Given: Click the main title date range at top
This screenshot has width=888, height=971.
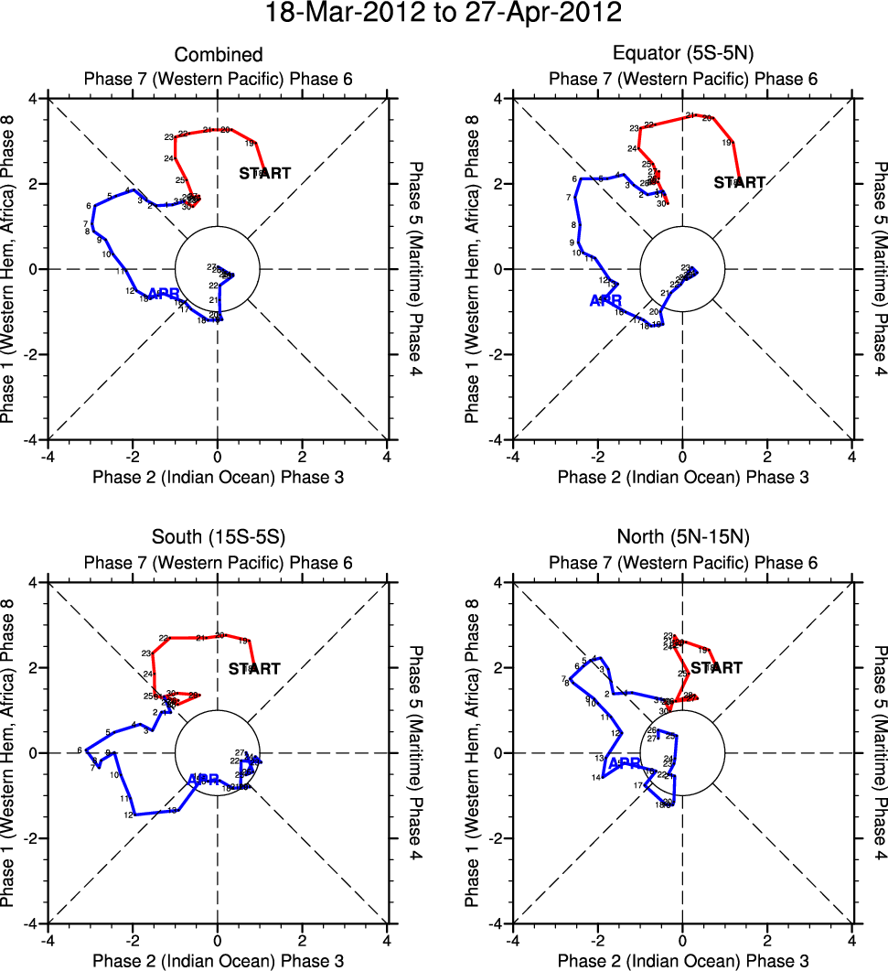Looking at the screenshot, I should [444, 14].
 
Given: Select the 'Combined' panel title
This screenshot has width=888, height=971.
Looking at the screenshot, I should [218, 55].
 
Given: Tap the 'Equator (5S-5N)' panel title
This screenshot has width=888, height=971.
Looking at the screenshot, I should [682, 55].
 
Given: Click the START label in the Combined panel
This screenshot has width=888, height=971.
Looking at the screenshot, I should [265, 172].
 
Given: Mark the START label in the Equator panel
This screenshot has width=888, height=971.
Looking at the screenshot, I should [739, 182].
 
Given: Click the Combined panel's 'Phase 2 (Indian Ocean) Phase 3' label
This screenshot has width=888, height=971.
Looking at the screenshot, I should [218, 476].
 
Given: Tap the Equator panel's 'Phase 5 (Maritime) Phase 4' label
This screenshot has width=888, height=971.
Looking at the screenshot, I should [879, 269].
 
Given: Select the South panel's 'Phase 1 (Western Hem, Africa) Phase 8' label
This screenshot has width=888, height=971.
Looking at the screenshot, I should [10, 753].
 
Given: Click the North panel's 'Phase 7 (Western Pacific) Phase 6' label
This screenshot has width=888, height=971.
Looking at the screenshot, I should [682, 563].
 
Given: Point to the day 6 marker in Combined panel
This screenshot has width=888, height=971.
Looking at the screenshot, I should [90, 206].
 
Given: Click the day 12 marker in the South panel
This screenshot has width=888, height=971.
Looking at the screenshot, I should [130, 815].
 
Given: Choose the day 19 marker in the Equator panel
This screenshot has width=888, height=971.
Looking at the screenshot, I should [728, 143].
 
